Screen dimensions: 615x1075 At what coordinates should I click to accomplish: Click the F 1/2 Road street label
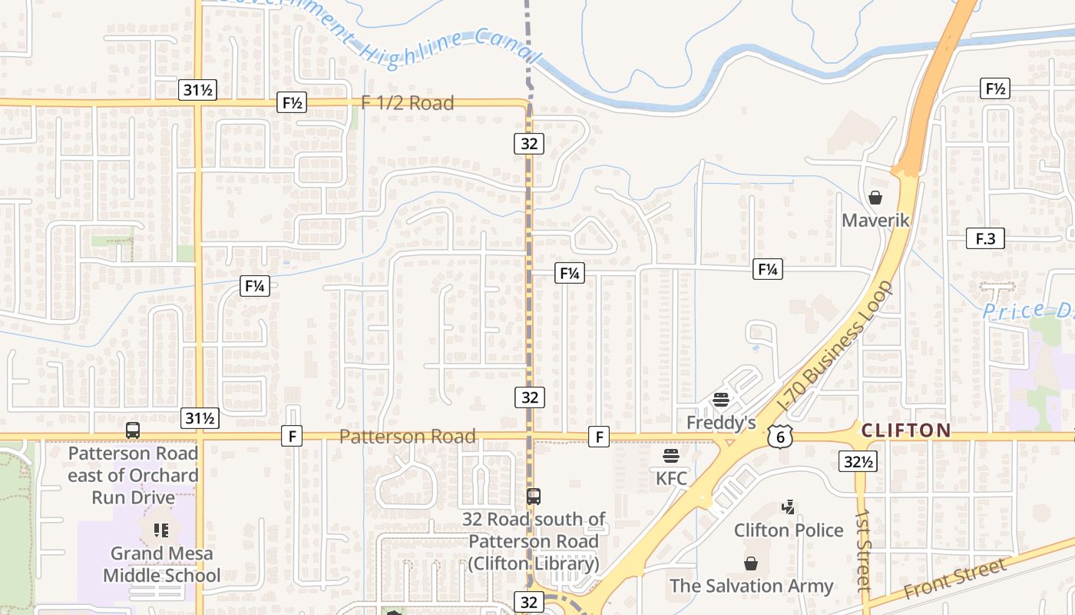pos(408,103)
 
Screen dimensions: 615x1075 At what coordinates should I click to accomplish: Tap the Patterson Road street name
pos(407,437)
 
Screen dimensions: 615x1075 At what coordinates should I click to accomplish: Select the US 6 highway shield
pos(779,436)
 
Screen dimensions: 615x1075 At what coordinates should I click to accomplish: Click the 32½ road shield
pos(858,461)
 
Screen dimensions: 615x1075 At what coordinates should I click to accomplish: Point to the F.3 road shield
pos(985,239)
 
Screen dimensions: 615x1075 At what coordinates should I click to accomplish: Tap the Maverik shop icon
pos(875,198)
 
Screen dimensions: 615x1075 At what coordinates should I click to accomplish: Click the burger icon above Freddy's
pos(720,400)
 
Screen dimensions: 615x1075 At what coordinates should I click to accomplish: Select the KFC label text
pos(671,479)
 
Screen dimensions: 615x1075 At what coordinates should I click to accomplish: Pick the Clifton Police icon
pos(788,507)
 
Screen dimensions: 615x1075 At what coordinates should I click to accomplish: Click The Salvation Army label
pos(751,586)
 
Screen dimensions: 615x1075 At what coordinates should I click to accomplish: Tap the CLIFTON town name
pos(906,430)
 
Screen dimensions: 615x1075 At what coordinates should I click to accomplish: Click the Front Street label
pos(954,580)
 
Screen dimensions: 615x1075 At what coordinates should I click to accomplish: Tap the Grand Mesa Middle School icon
pos(160,530)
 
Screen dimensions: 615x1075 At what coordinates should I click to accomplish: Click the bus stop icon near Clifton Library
pos(534,497)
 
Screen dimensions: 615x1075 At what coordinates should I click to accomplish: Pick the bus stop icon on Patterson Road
pos(133,430)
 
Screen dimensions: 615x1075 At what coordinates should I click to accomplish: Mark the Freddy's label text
pos(721,423)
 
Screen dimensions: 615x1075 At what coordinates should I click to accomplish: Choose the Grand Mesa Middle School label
pos(161,564)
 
